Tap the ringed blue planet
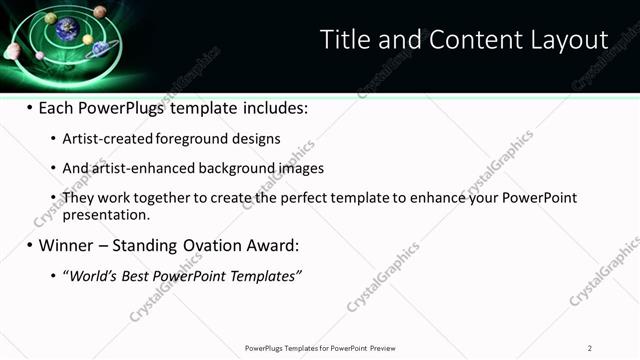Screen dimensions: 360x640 click(x=100, y=53)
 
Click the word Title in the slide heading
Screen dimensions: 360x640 click(x=342, y=40)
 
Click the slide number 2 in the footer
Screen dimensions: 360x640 click(x=590, y=348)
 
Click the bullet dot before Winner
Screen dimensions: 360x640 click(x=29, y=245)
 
